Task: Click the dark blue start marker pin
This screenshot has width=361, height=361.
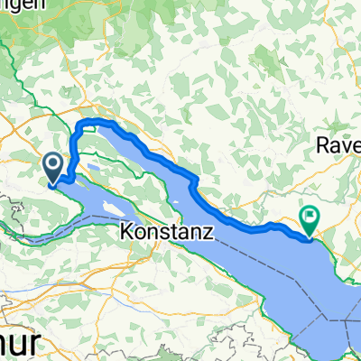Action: point(53,165)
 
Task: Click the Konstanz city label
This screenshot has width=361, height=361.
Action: point(166,232)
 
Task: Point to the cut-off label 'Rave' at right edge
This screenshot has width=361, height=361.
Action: point(340,143)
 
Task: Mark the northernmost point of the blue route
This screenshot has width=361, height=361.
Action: point(90,121)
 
